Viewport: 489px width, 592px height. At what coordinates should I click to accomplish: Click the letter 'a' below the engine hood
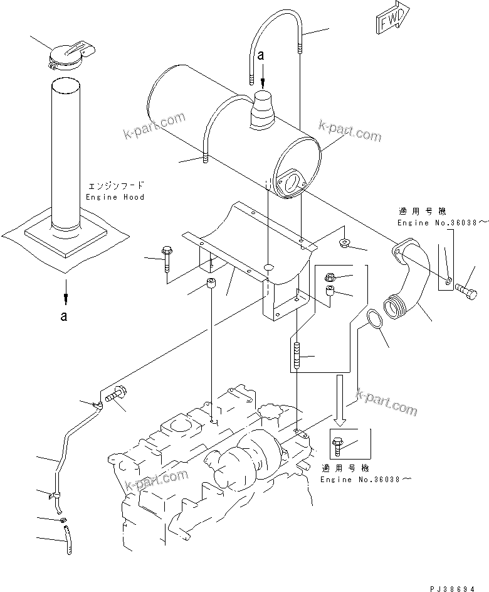[x=63, y=316]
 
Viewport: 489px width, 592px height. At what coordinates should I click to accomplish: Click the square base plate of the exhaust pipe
[x=63, y=241]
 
